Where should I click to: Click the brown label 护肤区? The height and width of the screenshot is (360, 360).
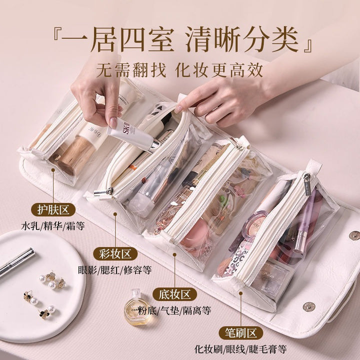(53, 209)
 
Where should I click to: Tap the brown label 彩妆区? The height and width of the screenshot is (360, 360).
(115, 253)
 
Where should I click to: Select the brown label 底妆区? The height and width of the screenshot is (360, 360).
(174, 294)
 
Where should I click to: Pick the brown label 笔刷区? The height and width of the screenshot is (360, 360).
(240, 333)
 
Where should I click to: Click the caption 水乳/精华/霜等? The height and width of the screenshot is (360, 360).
(53, 226)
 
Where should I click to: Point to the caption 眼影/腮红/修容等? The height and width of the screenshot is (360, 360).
(115, 270)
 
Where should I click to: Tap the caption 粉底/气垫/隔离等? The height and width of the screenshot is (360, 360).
(174, 310)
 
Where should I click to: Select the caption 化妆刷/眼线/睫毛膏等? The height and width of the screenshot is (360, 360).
(240, 349)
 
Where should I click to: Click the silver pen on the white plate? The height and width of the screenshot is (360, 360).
(16, 262)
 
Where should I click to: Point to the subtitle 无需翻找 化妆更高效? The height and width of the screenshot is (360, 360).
(179, 70)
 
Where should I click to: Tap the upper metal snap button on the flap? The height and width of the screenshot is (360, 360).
(354, 235)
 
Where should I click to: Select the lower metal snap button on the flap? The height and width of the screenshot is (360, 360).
(309, 306)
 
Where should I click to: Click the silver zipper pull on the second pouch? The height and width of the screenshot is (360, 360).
(104, 192)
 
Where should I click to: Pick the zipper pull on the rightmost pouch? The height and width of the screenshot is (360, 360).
(307, 184)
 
